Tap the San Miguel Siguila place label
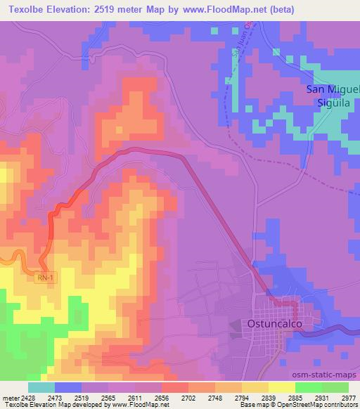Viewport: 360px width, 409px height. pos(333,96)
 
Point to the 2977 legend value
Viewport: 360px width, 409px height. pos(349,397)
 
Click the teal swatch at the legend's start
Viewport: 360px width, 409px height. pos(41,387)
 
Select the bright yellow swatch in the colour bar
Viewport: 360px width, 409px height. pos(282,387)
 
